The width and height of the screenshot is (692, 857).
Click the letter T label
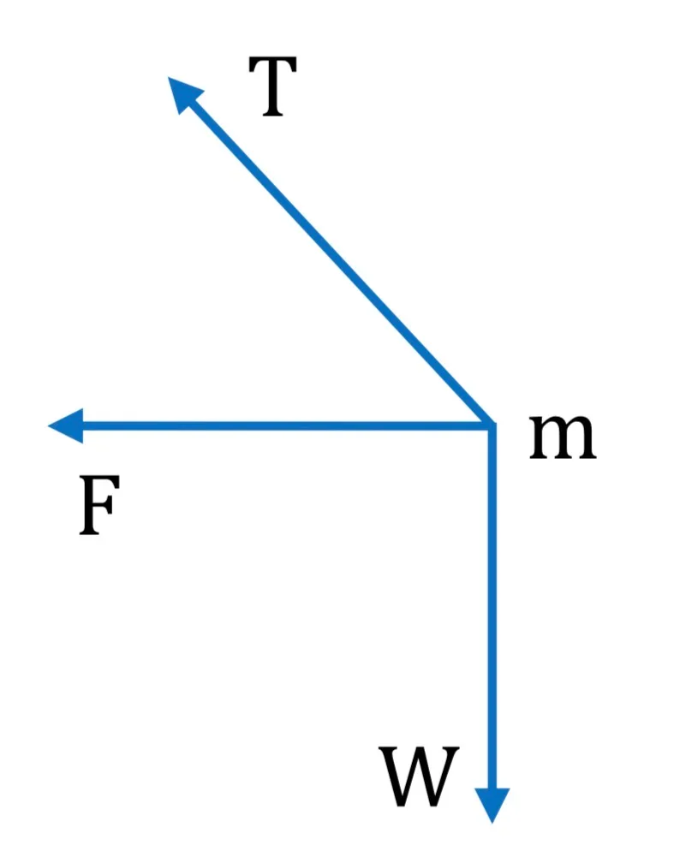272,86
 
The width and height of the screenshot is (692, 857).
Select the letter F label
99,505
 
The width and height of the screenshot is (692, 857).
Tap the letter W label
419,777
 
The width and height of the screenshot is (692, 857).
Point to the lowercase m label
563,437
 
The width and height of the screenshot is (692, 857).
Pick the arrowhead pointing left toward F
66,426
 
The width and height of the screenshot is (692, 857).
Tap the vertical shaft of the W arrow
492,607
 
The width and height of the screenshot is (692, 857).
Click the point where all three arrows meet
492,426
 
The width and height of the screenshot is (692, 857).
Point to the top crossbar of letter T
272,61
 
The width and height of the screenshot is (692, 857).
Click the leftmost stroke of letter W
392,777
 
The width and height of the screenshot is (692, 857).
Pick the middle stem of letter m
563,441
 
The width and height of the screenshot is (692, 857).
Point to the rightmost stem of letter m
588,441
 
